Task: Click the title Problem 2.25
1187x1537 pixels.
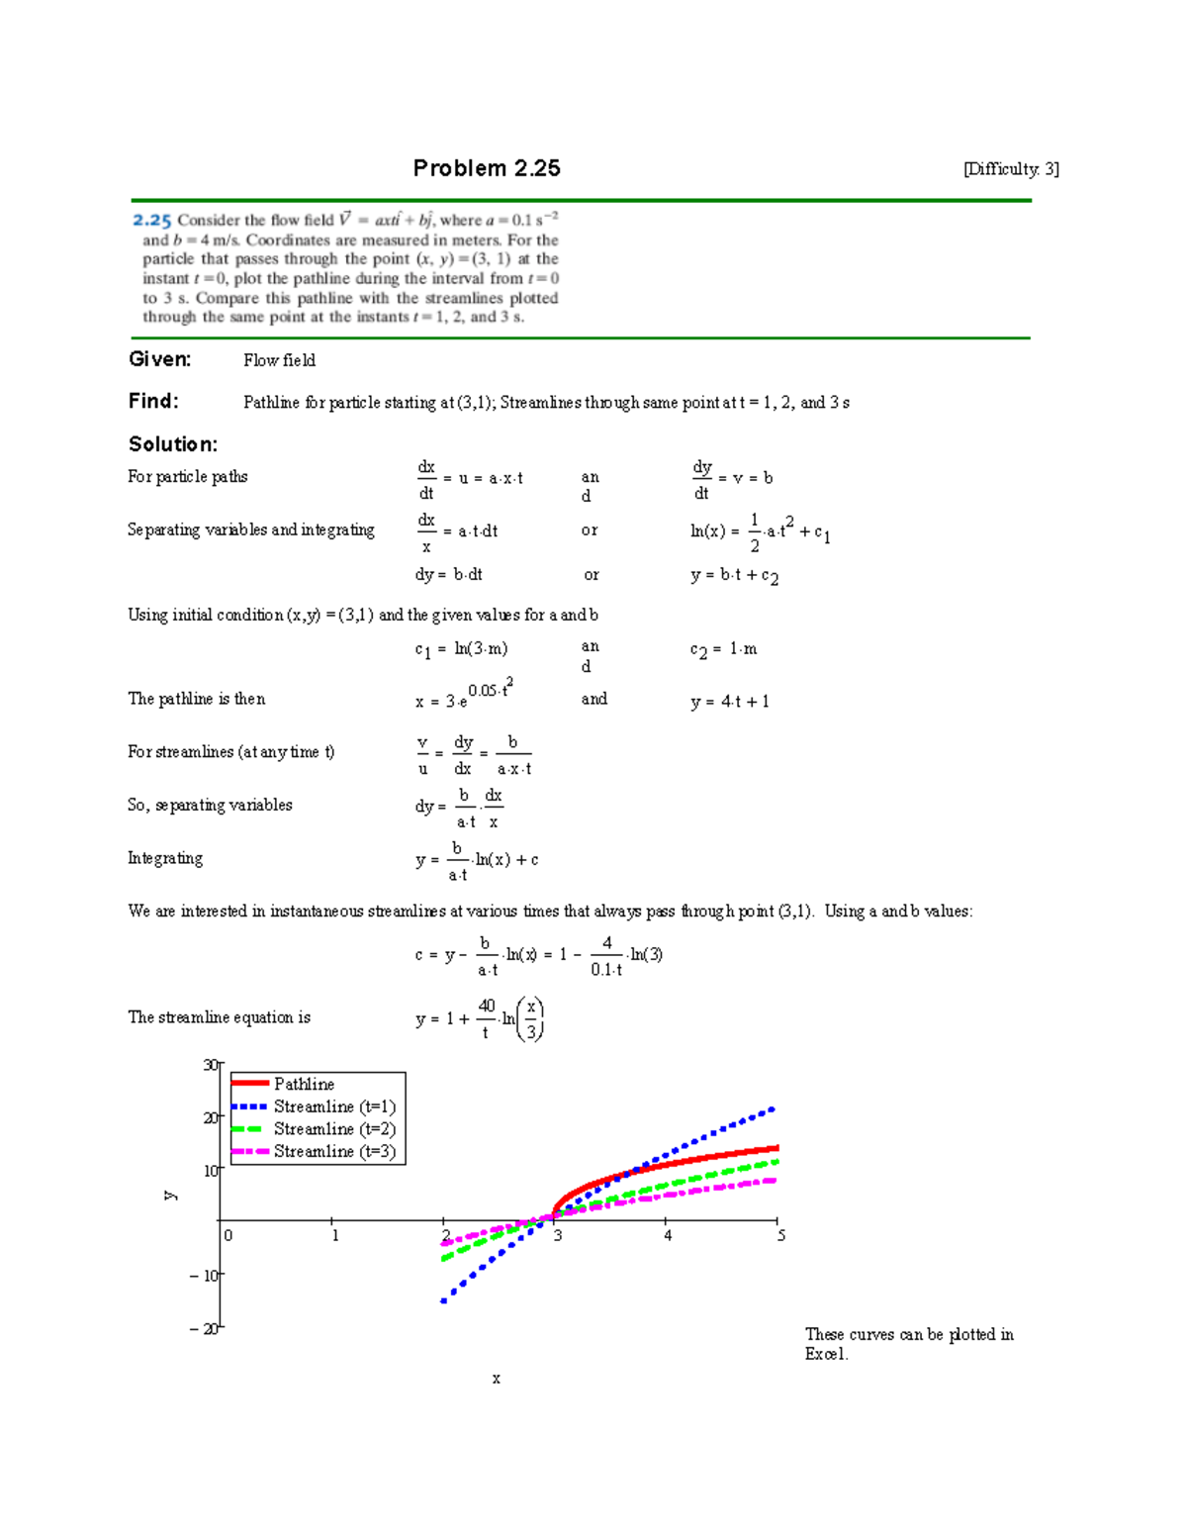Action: [x=487, y=168]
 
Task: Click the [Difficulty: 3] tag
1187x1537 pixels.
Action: [x=1011, y=169]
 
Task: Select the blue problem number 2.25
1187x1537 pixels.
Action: [x=152, y=221]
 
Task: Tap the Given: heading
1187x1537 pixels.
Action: [x=159, y=359]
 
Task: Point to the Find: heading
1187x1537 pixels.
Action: [x=153, y=401]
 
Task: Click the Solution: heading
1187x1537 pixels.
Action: [x=173, y=444]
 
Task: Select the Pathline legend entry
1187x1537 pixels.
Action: [x=304, y=1085]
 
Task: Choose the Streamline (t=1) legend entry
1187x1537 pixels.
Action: [x=334, y=1106]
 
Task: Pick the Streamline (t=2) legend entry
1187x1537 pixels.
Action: [x=334, y=1129]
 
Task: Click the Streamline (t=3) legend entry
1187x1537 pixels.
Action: [x=334, y=1152]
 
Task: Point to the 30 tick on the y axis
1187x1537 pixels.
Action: [x=210, y=1065]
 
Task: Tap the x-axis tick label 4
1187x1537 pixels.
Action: [x=668, y=1235]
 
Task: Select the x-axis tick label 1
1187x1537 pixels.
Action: [x=335, y=1235]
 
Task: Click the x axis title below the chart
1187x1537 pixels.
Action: [x=496, y=1379]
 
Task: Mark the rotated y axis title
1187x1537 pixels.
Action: [x=170, y=1196]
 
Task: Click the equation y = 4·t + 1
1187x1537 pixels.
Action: [x=730, y=702]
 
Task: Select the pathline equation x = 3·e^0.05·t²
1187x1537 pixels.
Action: [x=463, y=696]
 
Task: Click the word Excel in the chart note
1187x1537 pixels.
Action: [x=826, y=1354]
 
